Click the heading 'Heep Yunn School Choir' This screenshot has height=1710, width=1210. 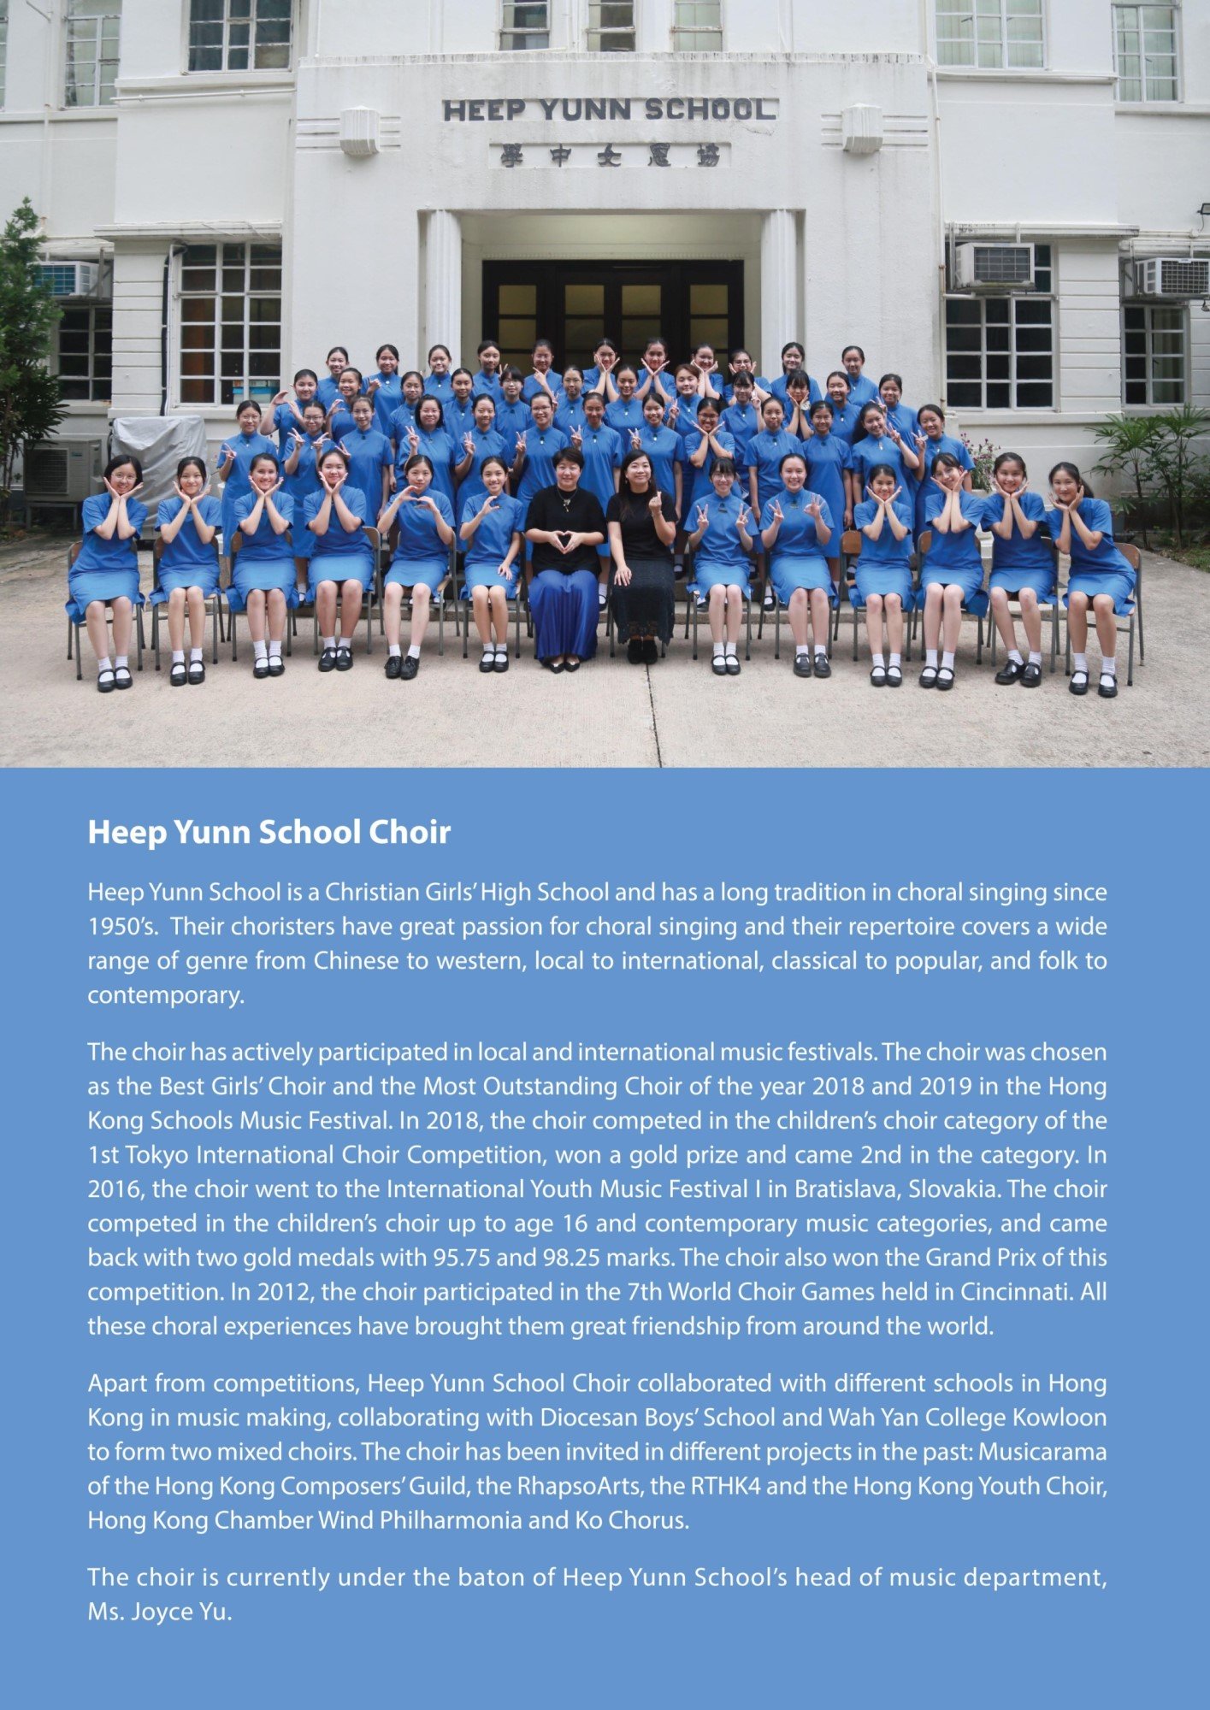(269, 832)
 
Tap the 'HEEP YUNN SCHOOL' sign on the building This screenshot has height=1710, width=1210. (610, 109)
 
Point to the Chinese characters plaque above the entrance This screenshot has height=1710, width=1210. (610, 156)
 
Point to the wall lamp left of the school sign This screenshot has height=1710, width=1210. (358, 130)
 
